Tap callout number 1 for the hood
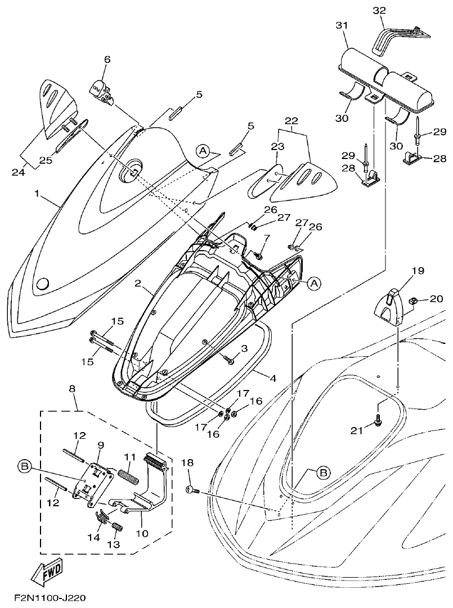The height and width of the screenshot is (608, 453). click(37, 193)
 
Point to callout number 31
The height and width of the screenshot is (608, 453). click(342, 26)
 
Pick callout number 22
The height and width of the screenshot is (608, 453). click(291, 121)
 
